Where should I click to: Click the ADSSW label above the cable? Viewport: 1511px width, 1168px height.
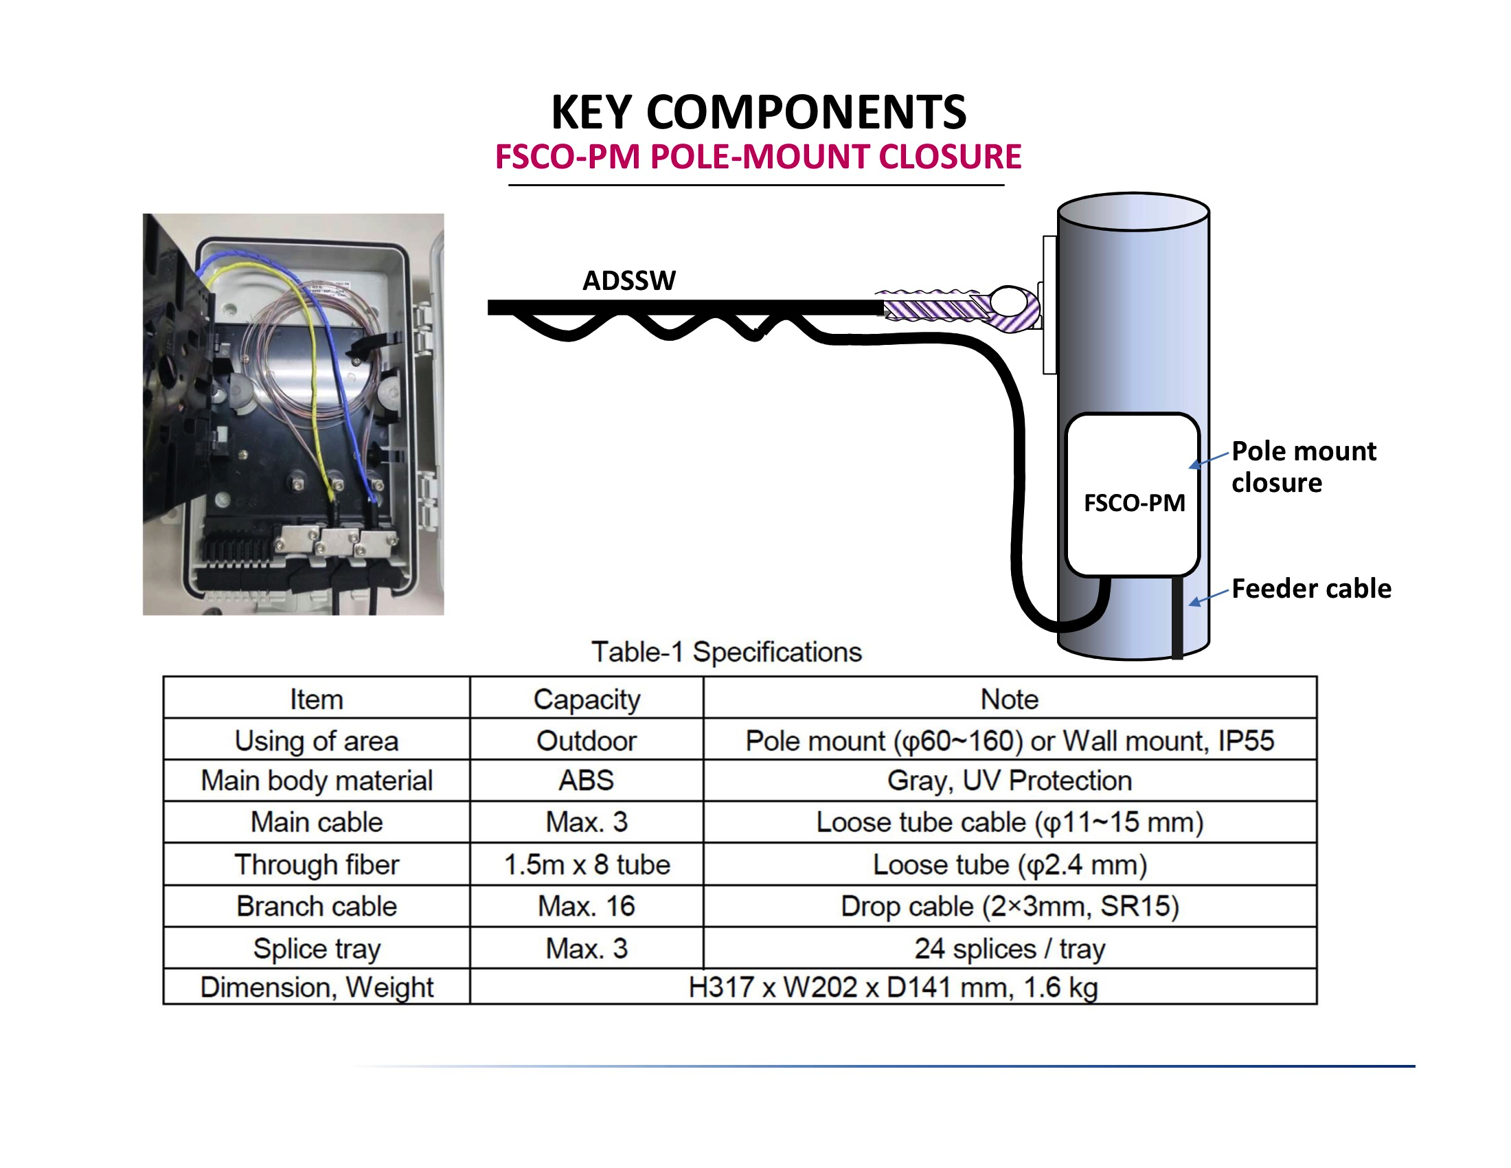pyautogui.click(x=628, y=281)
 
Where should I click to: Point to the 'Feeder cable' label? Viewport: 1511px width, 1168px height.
pyautogui.click(x=1311, y=589)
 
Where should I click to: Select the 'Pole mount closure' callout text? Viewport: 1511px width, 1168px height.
pyautogui.click(x=1304, y=467)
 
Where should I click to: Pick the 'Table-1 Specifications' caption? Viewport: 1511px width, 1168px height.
pyautogui.click(x=727, y=653)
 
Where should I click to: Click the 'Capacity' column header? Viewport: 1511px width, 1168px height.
pyautogui.click(x=587, y=699)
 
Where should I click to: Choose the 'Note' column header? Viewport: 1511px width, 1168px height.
pyautogui.click(x=1010, y=699)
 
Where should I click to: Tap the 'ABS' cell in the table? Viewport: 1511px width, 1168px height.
pyautogui.click(x=587, y=780)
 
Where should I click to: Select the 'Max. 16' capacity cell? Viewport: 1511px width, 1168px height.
pyautogui.click(x=587, y=906)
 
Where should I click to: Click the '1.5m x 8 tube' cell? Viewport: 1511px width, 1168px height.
pyautogui.click(x=587, y=865)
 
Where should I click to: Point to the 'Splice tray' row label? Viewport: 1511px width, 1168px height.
pyautogui.click(x=317, y=949)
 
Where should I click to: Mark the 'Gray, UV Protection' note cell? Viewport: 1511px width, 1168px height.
pyautogui.click(x=1010, y=780)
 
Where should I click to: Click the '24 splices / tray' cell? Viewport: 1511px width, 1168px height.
pyautogui.click(x=1010, y=949)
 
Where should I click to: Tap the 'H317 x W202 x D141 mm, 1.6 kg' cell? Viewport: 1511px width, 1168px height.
pyautogui.click(x=892, y=987)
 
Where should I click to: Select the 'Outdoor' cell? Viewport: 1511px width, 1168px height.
pyautogui.click(x=587, y=741)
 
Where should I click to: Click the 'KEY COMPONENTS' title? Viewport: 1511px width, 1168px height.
pyautogui.click(x=758, y=112)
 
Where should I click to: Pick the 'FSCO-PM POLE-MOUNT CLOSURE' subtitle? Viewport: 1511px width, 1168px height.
pyautogui.click(x=758, y=157)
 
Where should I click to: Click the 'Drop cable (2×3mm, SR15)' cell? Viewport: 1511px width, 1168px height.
pyautogui.click(x=1010, y=906)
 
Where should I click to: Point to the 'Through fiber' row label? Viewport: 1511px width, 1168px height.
pyautogui.click(x=317, y=865)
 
